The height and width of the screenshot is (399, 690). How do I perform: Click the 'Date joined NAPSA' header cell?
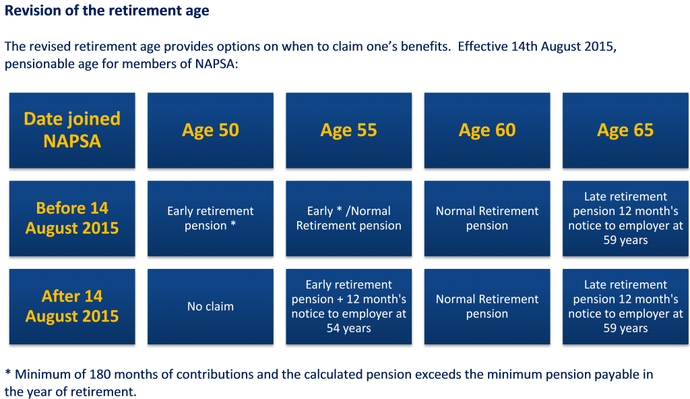tap(72, 130)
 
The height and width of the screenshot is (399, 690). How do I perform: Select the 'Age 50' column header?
tap(210, 130)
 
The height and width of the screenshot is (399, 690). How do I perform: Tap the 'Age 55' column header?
tap(348, 130)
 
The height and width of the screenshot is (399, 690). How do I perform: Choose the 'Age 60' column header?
tap(487, 130)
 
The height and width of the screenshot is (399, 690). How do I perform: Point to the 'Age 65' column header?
tap(625, 130)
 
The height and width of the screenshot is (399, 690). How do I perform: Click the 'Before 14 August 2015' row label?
tap(72, 218)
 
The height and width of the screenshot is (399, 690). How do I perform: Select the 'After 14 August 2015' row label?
tap(72, 306)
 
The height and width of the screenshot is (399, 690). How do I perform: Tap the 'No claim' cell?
tap(210, 306)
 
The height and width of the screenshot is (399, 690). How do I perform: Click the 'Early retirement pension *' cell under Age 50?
tap(210, 218)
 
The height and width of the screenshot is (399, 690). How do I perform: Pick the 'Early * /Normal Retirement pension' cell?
tap(348, 218)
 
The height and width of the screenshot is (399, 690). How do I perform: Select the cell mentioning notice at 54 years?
tap(348, 306)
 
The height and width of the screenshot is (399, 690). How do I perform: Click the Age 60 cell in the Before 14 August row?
tap(487, 218)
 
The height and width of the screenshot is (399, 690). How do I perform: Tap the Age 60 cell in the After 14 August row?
tap(487, 306)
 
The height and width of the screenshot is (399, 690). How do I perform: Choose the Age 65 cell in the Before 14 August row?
tap(625, 218)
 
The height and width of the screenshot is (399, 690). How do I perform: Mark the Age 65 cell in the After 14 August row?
tap(625, 306)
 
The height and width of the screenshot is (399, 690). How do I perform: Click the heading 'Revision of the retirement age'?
tap(106, 11)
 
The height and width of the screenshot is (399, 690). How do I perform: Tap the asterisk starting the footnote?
tap(7, 373)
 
